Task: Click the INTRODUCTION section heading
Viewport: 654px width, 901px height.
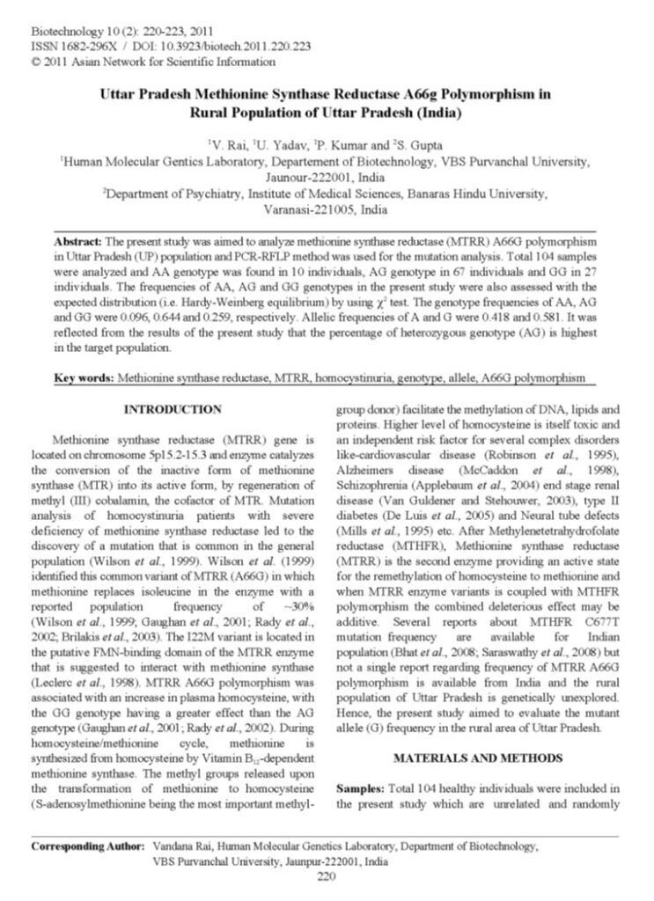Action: tap(173, 409)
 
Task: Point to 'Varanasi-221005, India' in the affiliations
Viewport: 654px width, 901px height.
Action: tap(326, 211)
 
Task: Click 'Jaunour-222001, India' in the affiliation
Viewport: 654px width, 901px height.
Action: tap(326, 177)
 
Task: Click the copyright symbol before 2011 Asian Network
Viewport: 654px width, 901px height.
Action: tap(33, 62)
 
